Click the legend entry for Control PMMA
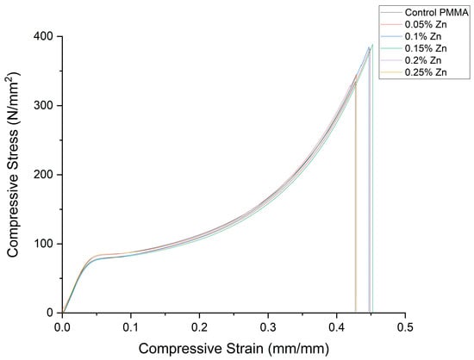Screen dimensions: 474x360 tap(424, 12)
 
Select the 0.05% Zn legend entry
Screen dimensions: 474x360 tap(414, 24)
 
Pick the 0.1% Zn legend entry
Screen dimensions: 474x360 tap(411, 36)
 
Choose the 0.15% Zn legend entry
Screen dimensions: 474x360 tap(414, 48)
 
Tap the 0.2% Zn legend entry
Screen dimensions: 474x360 tap(411, 60)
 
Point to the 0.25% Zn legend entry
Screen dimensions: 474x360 tap(414, 72)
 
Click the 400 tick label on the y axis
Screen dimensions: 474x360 tap(43, 36)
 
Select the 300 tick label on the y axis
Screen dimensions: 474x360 tap(43, 106)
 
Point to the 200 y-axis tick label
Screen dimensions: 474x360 tap(43, 175)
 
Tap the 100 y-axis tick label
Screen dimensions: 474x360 tap(43, 244)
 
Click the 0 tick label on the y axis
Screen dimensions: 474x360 tap(50, 313)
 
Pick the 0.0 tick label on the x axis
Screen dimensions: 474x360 tap(62, 327)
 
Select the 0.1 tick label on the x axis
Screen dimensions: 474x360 tap(131, 327)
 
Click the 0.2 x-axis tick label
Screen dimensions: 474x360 tap(200, 327)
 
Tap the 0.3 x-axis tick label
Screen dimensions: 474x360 tap(268, 327)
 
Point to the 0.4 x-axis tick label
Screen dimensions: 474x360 tap(337, 327)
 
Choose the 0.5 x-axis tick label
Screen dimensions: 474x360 tap(405, 327)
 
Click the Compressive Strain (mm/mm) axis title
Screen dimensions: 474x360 tap(234, 349)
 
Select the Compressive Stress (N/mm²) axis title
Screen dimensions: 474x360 tap(13, 164)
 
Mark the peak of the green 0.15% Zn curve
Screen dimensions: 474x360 tap(372, 45)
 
